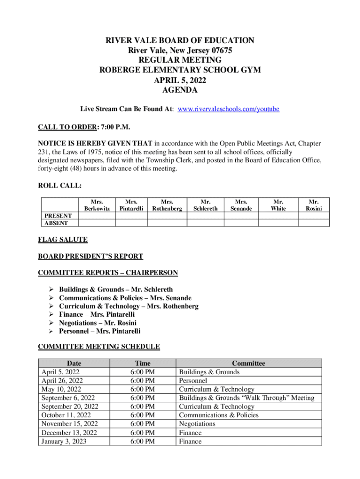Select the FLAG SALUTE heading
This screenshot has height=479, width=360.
pyautogui.click(x=62, y=239)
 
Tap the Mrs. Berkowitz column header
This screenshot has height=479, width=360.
pyautogui.click(x=97, y=204)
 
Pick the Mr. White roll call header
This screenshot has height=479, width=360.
pyautogui.click(x=278, y=204)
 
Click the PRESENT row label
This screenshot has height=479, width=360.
pyautogui.click(x=58, y=216)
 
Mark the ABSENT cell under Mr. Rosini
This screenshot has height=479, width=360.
pyautogui.click(x=314, y=223)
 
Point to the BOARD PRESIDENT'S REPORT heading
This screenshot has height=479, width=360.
pyautogui.click(x=90, y=256)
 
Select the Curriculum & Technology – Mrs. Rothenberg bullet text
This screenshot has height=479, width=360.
pyautogui.click(x=129, y=306)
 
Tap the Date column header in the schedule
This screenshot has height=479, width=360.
pyautogui.click(x=74, y=363)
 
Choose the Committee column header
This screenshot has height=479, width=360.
pyautogui.click(x=248, y=363)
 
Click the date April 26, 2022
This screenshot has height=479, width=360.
pyautogui.click(x=63, y=381)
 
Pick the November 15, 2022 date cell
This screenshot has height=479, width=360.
pyautogui.click(x=70, y=424)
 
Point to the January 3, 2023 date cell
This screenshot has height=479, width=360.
pyautogui.click(x=64, y=441)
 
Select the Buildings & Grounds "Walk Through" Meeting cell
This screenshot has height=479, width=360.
pyautogui.click(x=246, y=398)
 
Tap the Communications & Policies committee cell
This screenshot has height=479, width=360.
pyautogui.click(x=218, y=415)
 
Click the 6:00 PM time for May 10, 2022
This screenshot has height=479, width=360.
pyautogui.click(x=143, y=389)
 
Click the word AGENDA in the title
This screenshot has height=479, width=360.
pyautogui.click(x=180, y=90)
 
